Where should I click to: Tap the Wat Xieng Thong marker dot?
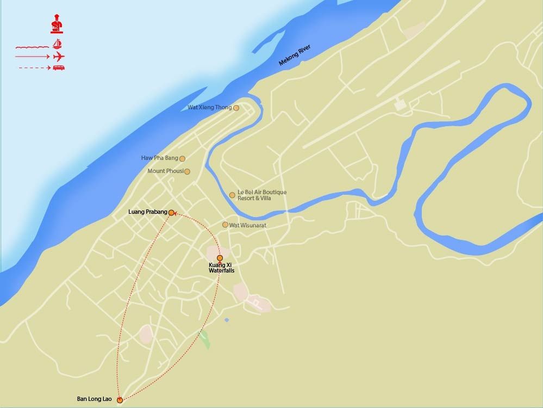point(236,108)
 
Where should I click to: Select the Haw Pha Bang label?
point(160,158)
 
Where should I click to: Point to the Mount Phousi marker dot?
point(187,171)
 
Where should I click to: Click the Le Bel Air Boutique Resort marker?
point(232,195)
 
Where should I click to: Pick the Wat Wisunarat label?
point(248,225)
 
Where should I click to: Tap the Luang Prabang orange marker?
point(171,213)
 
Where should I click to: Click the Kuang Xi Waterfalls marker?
point(220,258)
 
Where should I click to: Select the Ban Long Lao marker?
point(120,400)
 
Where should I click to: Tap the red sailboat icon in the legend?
point(58,44)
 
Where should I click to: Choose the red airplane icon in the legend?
point(59,56)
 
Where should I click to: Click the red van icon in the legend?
point(59,67)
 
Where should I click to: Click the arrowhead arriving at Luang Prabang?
point(175,214)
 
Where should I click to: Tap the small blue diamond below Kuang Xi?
point(227,319)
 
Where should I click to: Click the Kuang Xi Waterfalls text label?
point(221,268)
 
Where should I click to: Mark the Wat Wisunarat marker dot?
point(225,225)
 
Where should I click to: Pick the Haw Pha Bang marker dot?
point(182,159)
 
